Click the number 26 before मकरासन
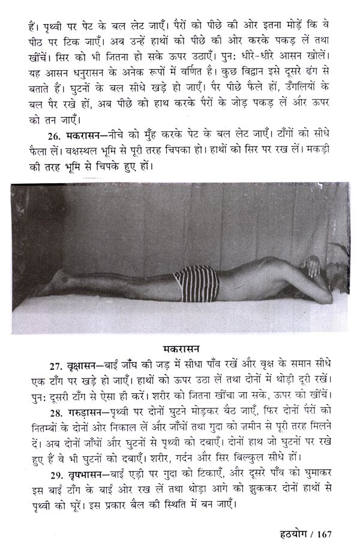39,132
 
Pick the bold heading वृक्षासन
67,365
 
